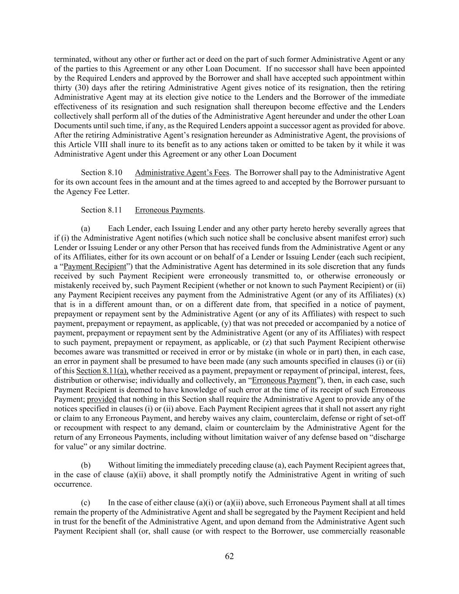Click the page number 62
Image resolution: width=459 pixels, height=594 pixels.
(229, 556)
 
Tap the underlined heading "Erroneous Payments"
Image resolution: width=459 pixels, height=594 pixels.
(169, 210)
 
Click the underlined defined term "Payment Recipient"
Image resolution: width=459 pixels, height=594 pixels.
(95, 266)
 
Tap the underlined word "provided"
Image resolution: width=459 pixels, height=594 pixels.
(101, 399)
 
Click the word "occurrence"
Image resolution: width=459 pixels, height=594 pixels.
(73, 484)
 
